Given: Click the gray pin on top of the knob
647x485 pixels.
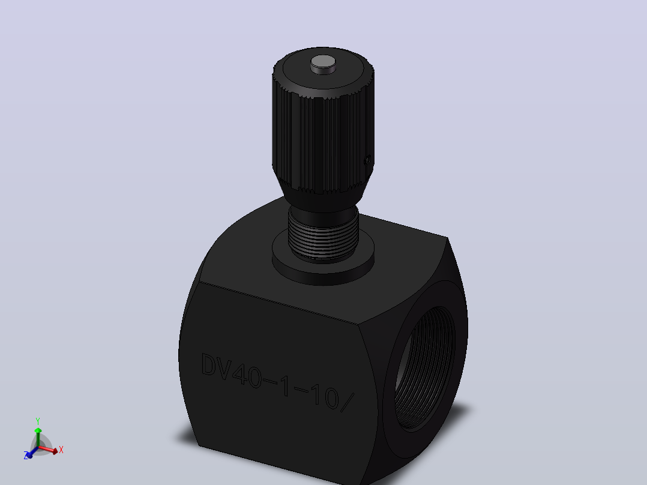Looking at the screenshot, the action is (323, 64).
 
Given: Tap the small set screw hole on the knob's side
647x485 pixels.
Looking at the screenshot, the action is (367, 160).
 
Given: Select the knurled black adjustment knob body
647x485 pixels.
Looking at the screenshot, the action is (323, 124).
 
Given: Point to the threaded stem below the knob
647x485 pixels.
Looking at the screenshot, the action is (323, 235).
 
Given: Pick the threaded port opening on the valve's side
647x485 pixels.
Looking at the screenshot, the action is (425, 369).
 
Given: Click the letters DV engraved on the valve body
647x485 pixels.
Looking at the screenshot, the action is (216, 366).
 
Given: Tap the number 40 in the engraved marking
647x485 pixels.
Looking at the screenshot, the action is (247, 375).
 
